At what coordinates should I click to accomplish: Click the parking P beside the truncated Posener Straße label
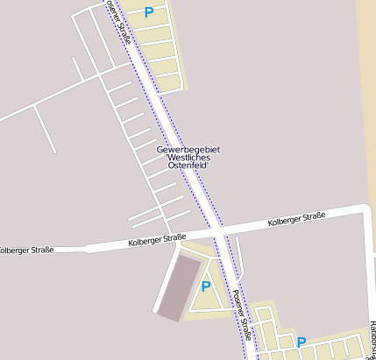pos(148,12)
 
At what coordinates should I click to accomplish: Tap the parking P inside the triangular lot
pos(206,286)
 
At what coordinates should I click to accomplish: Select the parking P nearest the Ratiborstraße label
pos(301,342)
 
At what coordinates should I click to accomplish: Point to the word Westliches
pos(188,158)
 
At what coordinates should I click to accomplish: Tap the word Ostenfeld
pos(188,166)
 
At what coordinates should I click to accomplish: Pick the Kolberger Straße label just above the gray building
pos(157,239)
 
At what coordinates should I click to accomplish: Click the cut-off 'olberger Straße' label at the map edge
pos(26,251)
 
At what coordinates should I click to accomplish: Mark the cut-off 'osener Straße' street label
pos(120,24)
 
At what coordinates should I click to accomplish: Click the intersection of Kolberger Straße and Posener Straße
pos(215,231)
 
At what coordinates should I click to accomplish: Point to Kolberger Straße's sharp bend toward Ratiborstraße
pos(365,209)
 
